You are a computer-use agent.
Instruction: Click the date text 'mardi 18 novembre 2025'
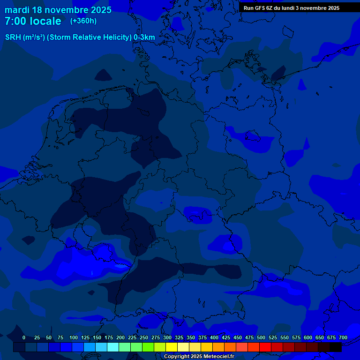click(58, 10)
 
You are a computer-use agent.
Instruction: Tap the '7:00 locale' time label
click(33, 21)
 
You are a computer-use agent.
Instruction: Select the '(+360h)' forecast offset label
click(83, 21)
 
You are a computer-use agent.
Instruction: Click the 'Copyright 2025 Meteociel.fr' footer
click(199, 357)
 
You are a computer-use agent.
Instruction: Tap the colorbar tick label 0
click(24, 337)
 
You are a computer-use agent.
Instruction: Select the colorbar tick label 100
click(74, 337)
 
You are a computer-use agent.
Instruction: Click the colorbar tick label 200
click(120, 337)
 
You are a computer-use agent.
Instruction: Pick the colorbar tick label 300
click(167, 337)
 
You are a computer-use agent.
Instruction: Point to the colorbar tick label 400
click(214, 337)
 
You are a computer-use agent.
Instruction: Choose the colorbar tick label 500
click(261, 337)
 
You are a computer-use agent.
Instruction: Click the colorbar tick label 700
click(343, 337)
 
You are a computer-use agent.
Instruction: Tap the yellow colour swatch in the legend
click(172, 347)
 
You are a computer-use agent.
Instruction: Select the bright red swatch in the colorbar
click(265, 347)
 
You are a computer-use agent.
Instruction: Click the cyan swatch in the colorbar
click(113, 347)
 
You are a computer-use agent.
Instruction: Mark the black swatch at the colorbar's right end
click(336, 347)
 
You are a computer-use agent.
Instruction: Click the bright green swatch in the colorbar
click(148, 347)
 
